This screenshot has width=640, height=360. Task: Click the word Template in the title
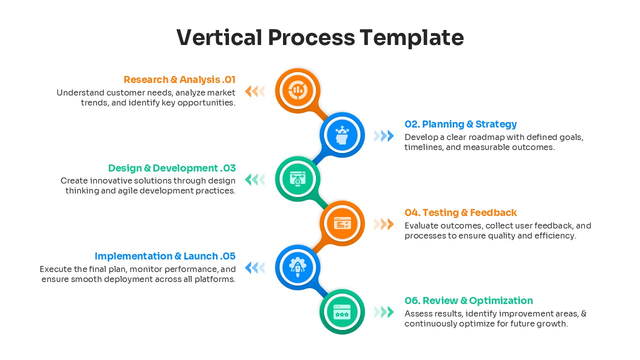pyautogui.click(x=411, y=38)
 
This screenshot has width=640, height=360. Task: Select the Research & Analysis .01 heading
pyautogui.click(x=179, y=79)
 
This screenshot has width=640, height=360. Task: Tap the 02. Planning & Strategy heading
pyautogui.click(x=460, y=124)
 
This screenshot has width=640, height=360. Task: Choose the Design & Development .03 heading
pyautogui.click(x=171, y=168)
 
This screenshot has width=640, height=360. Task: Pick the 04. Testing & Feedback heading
pyautogui.click(x=460, y=212)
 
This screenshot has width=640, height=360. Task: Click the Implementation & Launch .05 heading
pyautogui.click(x=164, y=256)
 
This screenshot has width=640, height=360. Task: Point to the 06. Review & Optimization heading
pyautogui.click(x=468, y=300)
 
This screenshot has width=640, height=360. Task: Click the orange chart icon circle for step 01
pyautogui.click(x=297, y=90)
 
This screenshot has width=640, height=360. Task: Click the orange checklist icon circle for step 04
pyautogui.click(x=342, y=223)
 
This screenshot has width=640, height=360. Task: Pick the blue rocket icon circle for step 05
pyautogui.click(x=297, y=267)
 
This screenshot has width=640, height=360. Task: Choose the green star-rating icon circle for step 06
pyautogui.click(x=342, y=312)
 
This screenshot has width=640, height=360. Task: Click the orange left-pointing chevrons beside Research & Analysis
pyautogui.click(x=254, y=91)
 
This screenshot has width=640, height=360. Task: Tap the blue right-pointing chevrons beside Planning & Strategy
pyautogui.click(x=384, y=135)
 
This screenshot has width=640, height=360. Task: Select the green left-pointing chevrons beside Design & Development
pyautogui.click(x=254, y=179)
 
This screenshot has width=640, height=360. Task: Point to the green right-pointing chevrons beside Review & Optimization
pyautogui.click(x=384, y=312)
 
